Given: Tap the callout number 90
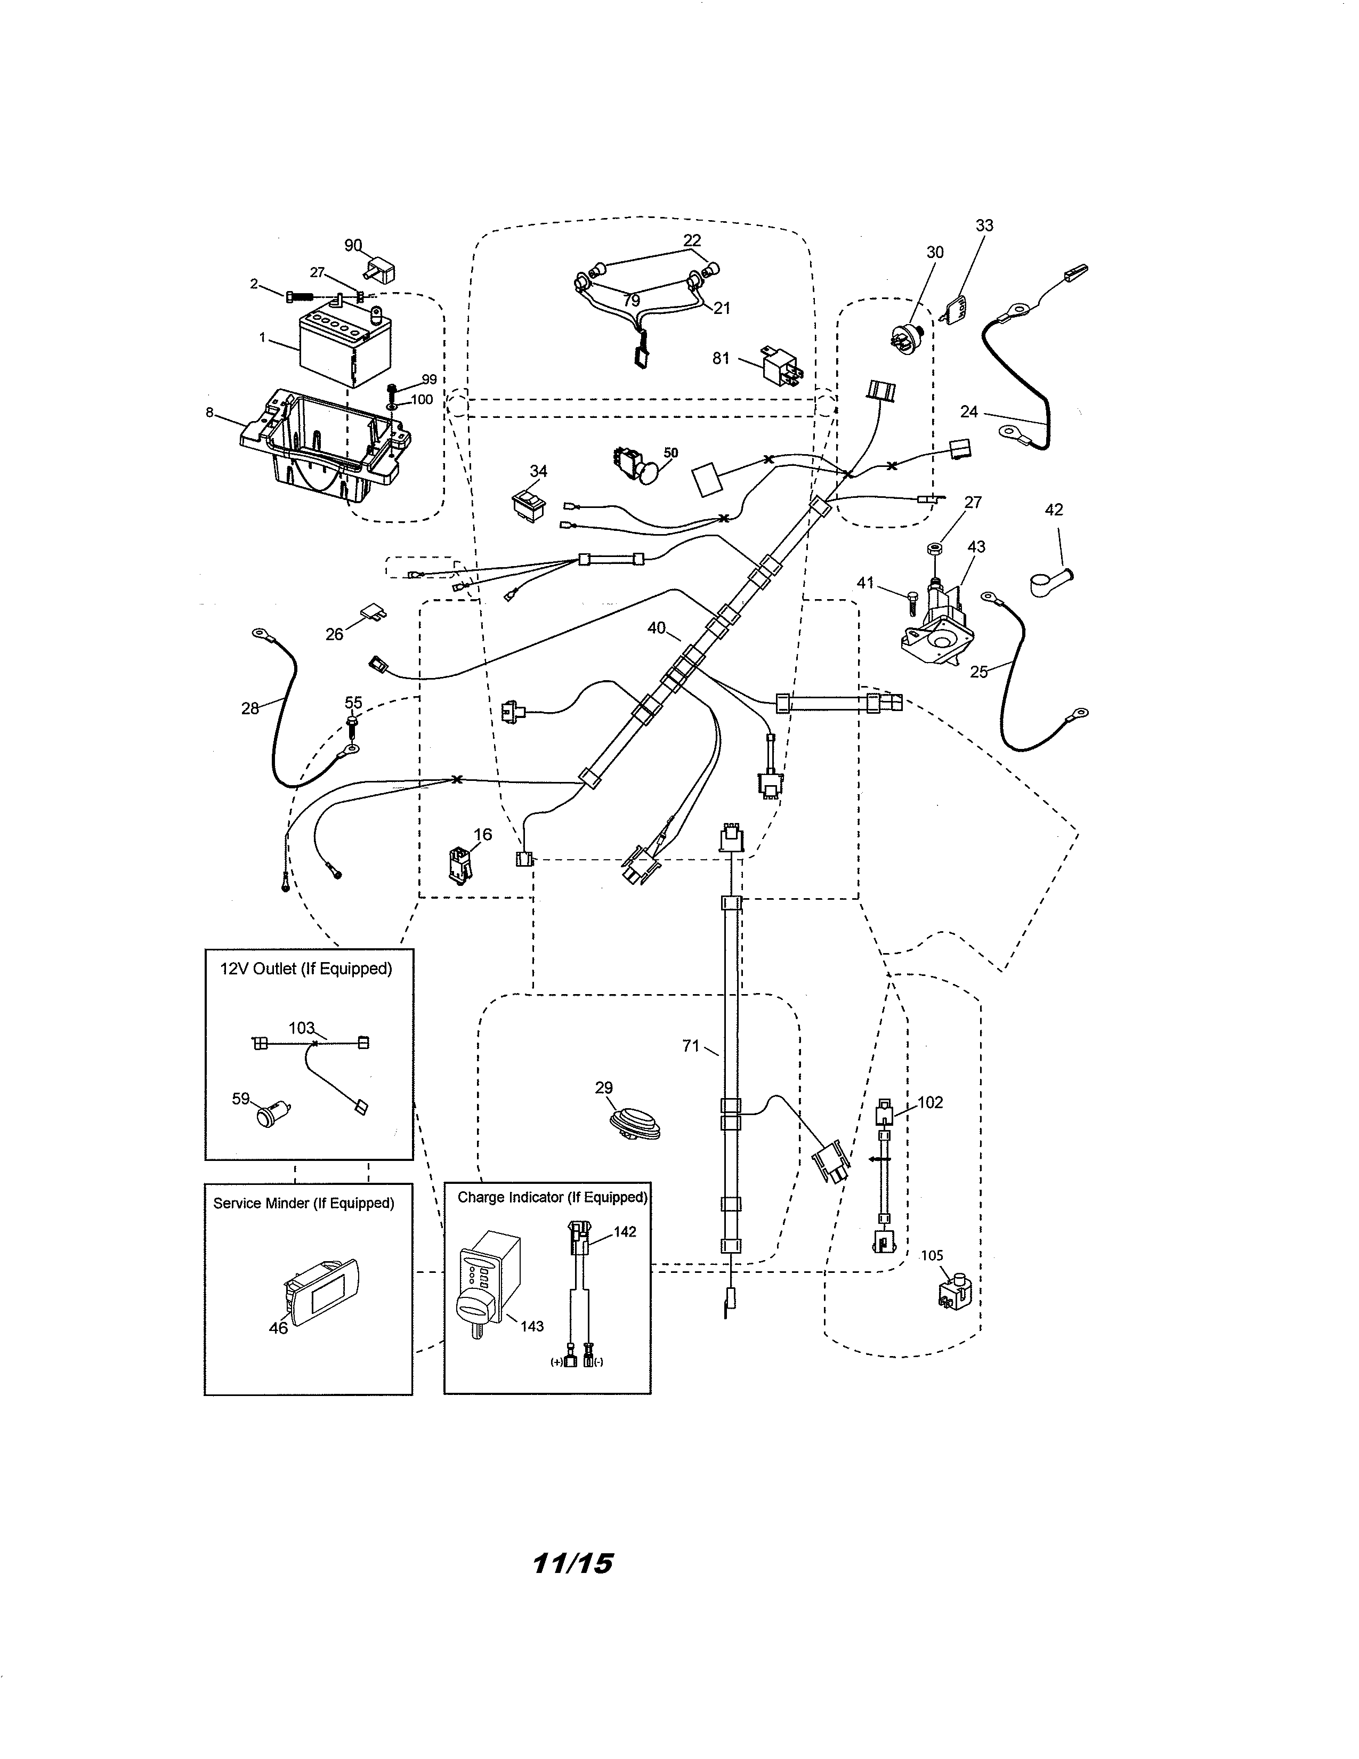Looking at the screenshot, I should point(353,246).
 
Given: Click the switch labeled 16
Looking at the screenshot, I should point(460,864).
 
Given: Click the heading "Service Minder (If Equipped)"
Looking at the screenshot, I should point(304,1203).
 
